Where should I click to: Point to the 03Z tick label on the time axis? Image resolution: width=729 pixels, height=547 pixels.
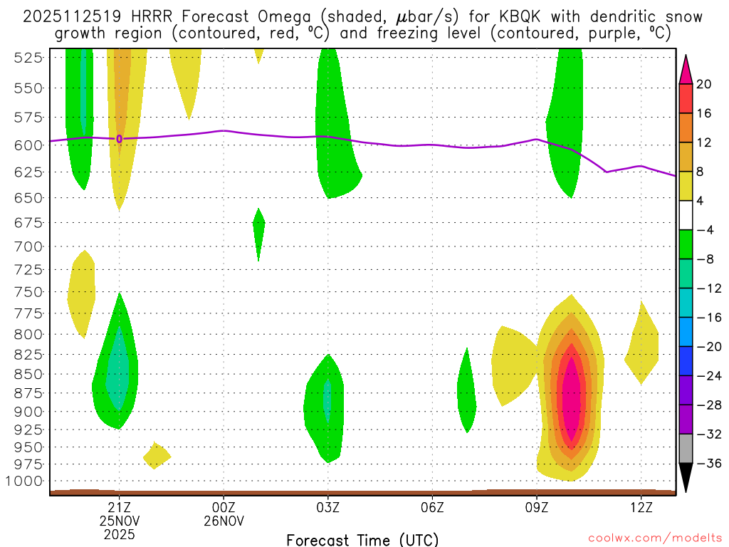pos(327,507)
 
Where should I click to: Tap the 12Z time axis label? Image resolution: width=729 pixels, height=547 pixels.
pos(641,507)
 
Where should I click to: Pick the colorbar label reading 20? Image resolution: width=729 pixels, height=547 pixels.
pos(704,84)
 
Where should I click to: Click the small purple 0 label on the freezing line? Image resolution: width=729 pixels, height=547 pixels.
pos(119,139)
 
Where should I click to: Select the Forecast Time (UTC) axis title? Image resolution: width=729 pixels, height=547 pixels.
pos(362,539)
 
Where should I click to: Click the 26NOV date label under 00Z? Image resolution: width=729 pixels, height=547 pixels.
pos(224,521)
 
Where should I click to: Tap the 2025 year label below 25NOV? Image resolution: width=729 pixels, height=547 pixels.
pos(119,533)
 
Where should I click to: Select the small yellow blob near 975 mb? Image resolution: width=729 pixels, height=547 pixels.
pos(156,455)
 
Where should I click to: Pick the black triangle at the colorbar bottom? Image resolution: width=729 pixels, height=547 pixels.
pos(686,478)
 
